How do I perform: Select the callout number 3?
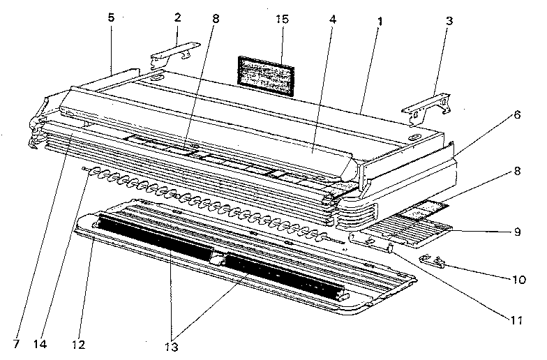(449, 20)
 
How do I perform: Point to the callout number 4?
(332, 19)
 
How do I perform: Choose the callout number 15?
(281, 20)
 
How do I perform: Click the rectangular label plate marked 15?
(266, 73)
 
